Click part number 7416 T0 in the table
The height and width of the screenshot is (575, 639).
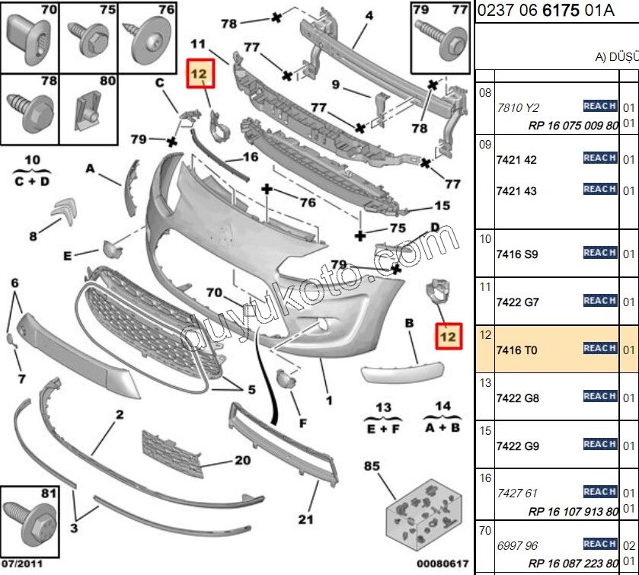click(516, 350)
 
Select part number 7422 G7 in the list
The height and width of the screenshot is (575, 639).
click(516, 302)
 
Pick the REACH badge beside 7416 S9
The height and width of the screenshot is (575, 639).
click(599, 253)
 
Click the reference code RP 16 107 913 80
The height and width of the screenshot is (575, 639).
click(573, 508)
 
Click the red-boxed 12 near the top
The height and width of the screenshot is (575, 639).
click(199, 74)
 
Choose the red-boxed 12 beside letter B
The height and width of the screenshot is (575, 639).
click(449, 334)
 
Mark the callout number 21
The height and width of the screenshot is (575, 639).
click(306, 520)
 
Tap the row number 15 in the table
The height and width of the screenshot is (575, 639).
click(484, 431)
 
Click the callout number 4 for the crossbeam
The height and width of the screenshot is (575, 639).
click(369, 16)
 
